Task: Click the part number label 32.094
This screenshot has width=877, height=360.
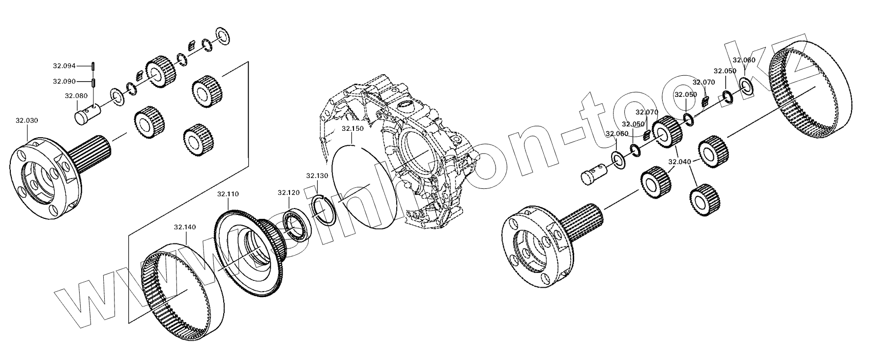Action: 64,65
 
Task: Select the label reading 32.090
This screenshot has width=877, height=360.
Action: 64,81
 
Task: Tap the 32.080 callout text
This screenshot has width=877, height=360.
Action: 76,96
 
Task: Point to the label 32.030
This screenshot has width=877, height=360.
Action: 27,120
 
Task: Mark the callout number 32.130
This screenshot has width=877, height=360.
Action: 317,176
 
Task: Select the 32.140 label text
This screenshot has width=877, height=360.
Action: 185,227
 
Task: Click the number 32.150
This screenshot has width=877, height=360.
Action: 352,129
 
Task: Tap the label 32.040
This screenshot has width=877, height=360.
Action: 679,161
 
